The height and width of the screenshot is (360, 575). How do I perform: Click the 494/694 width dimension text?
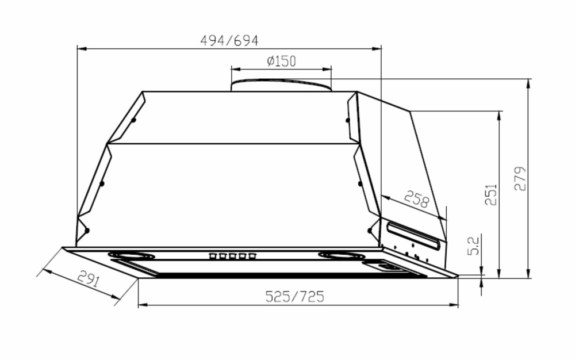(229, 41)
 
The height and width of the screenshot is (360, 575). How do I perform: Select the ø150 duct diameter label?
(281, 62)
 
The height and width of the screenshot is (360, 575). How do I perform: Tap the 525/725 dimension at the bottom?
(294, 296)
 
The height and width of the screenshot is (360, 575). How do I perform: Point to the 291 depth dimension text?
(88, 281)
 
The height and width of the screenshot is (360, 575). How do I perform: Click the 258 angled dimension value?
(416, 200)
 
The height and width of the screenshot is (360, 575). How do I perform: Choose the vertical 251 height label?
(490, 196)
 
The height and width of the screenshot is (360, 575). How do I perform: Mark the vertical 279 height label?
(520, 179)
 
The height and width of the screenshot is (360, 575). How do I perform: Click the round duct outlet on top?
(281, 85)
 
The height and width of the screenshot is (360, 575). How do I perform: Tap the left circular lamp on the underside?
(131, 255)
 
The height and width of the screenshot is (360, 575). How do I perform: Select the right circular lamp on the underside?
(342, 255)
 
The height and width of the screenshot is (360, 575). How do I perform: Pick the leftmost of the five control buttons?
(213, 256)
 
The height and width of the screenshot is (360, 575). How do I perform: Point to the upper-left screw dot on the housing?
(133, 120)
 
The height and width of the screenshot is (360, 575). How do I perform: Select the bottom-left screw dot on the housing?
(87, 231)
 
